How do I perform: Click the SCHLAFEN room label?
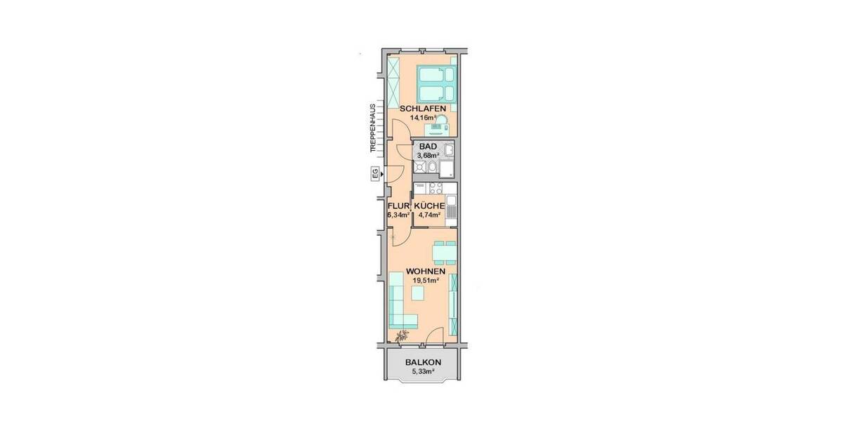click(423, 109)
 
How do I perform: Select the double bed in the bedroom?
click(435, 84)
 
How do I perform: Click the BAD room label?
click(428, 147)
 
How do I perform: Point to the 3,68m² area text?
click(428, 155)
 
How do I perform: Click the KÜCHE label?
click(429, 206)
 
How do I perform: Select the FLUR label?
click(398, 206)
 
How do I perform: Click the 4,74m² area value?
click(429, 215)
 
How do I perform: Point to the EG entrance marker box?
click(374, 174)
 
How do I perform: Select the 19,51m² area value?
click(424, 280)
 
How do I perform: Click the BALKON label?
click(423, 363)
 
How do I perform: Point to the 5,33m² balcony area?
click(423, 371)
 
